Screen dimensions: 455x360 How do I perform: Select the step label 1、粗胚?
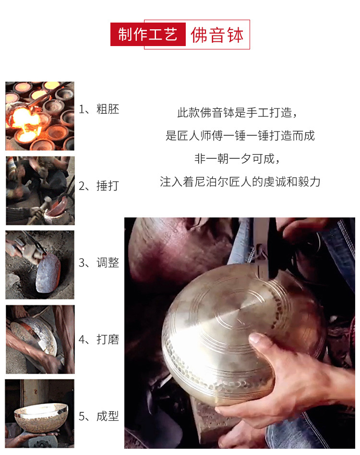click(99, 109)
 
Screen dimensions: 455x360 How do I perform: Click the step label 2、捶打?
click(99, 186)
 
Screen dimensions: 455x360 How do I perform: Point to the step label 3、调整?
click(99, 263)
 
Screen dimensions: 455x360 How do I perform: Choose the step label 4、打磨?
click(99, 340)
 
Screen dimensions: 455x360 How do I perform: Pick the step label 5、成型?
click(99, 416)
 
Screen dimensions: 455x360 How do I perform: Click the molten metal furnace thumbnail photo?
click(40, 116)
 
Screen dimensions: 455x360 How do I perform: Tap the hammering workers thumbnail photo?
click(40, 191)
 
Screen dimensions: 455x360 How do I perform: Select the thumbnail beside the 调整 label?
click(40, 265)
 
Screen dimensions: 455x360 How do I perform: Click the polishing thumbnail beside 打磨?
click(40, 339)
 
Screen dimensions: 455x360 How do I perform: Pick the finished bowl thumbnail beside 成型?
click(40, 413)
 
